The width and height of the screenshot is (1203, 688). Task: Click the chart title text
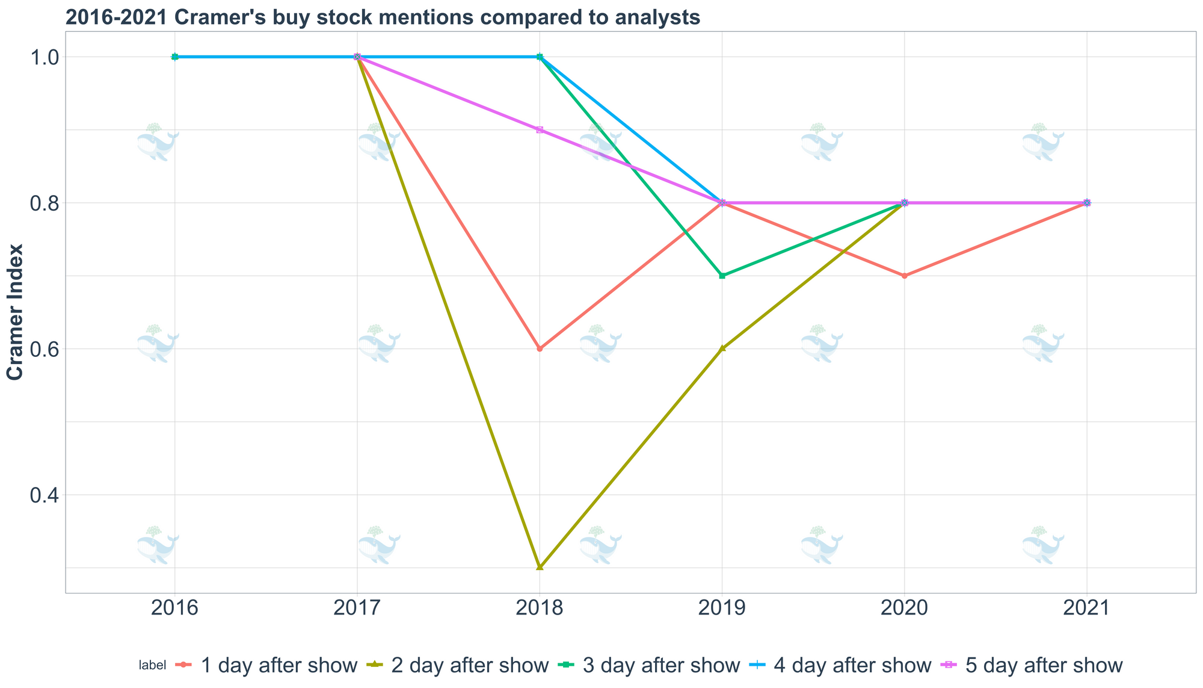pyautogui.click(x=383, y=17)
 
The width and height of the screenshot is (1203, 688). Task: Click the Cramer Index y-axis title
pyautogui.click(x=16, y=312)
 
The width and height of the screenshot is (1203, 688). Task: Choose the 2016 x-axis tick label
pyautogui.click(x=174, y=609)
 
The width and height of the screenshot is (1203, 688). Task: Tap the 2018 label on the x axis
pyautogui.click(x=540, y=609)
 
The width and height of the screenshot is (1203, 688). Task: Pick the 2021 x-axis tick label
pyautogui.click(x=1087, y=609)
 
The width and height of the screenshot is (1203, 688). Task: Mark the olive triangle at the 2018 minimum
pyautogui.click(x=540, y=567)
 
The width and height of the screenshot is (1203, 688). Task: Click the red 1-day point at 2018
pyautogui.click(x=540, y=349)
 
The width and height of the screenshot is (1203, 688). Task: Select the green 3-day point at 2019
pyautogui.click(x=722, y=276)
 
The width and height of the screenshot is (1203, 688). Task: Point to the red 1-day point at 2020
pyautogui.click(x=905, y=276)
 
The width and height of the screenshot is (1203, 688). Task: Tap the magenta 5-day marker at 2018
pyautogui.click(x=540, y=130)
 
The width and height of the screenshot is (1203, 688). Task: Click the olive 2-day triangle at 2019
pyautogui.click(x=722, y=349)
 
